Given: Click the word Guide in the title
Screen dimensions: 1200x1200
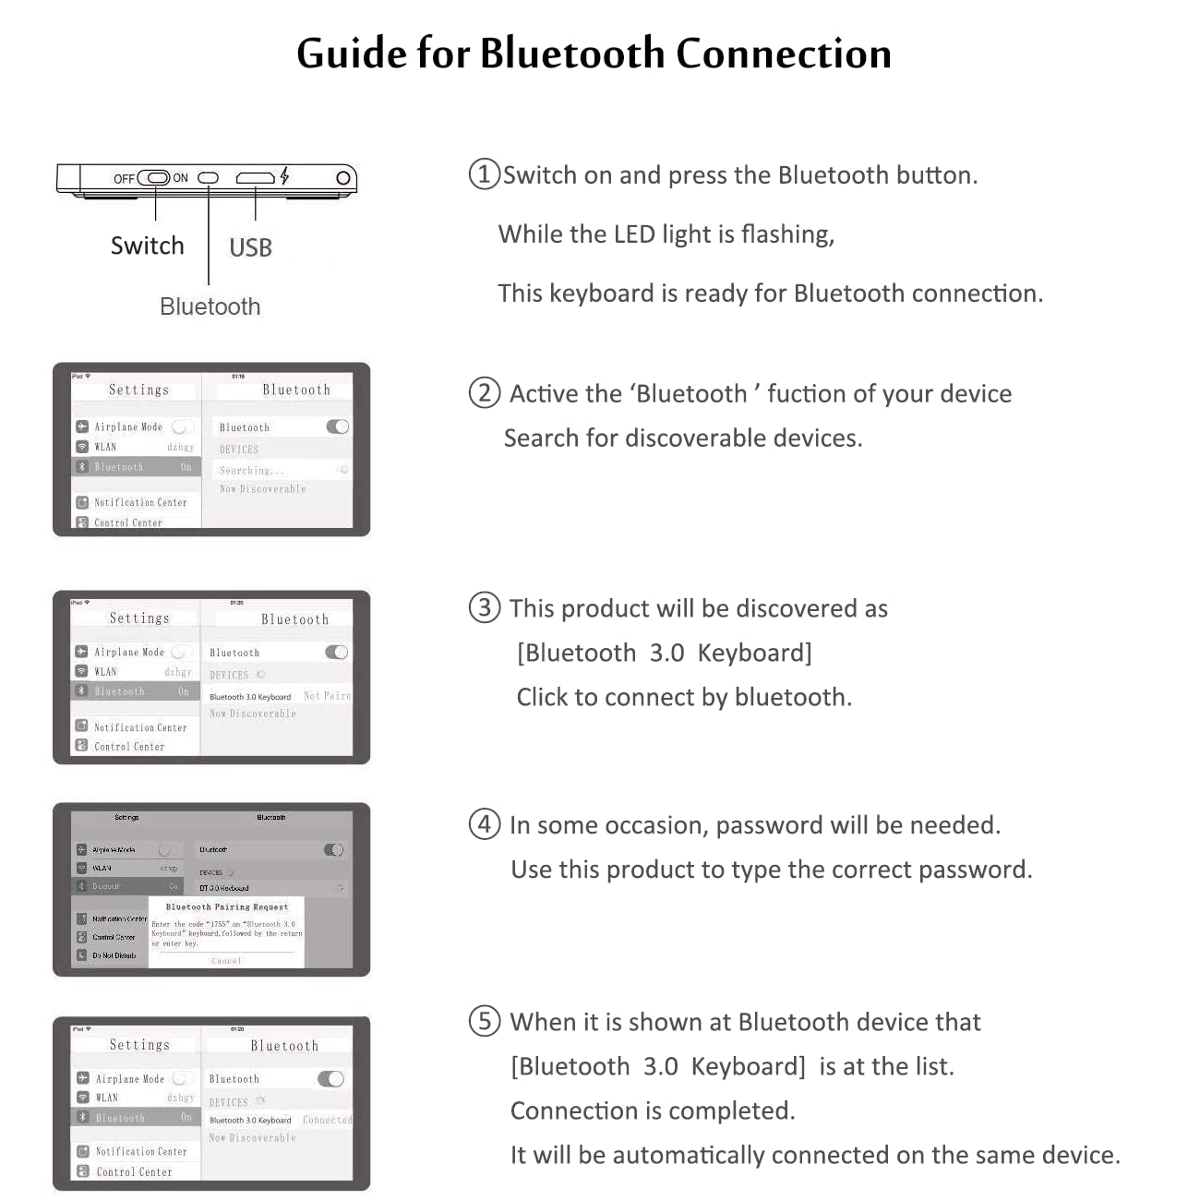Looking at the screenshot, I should (x=352, y=54).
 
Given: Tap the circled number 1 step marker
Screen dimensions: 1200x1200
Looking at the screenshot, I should (x=484, y=174).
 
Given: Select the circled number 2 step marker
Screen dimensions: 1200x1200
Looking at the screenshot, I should (x=484, y=393).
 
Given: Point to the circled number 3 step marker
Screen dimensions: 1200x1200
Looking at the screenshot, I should (x=484, y=607).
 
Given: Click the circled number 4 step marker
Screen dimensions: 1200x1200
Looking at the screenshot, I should (x=485, y=823).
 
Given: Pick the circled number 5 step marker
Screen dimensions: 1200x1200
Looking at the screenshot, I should (x=485, y=1021).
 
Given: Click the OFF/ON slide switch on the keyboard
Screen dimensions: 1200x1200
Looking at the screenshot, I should (x=154, y=178).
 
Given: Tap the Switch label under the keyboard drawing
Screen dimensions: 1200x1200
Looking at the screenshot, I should (x=147, y=246).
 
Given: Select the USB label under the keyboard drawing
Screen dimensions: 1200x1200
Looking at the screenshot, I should (x=250, y=247).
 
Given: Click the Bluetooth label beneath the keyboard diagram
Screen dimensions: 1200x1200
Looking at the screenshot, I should (x=210, y=306).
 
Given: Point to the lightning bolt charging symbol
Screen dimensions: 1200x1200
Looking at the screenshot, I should (x=285, y=175).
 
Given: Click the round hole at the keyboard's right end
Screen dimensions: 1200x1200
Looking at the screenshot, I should (x=342, y=178).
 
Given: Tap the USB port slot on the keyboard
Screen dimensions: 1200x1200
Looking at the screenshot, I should (x=255, y=178).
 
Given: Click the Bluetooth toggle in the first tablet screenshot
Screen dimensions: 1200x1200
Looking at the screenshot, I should (x=337, y=426).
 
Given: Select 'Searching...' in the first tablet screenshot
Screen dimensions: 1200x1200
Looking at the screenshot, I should (x=251, y=471).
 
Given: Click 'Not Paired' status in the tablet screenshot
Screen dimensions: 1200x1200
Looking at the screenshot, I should (x=327, y=696).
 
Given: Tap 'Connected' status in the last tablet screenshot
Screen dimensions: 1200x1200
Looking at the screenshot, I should (x=327, y=1120).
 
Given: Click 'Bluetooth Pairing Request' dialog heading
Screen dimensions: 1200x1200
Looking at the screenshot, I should (x=227, y=906).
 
